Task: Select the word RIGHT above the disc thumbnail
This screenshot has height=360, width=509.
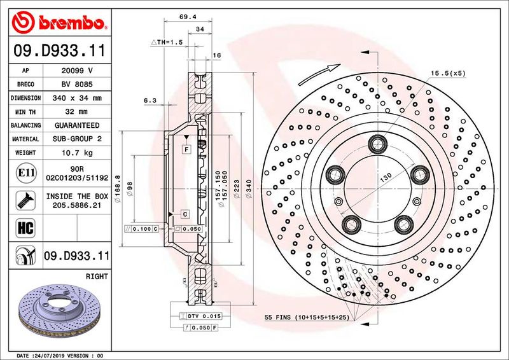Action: pyautogui.click(x=96, y=277)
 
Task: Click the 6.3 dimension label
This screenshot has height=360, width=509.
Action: pyautogui.click(x=150, y=100)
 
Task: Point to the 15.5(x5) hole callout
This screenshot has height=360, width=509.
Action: pyautogui.click(x=447, y=73)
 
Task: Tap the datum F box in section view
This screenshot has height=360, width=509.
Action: pyautogui.click(x=186, y=149)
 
